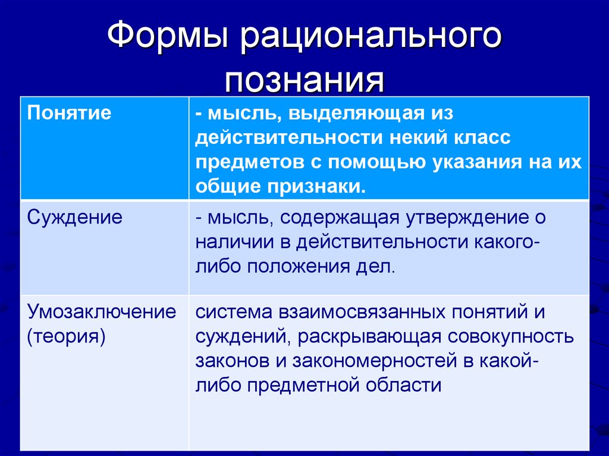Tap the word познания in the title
[304, 80]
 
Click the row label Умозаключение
[102, 311]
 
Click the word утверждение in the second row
[465, 217]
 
